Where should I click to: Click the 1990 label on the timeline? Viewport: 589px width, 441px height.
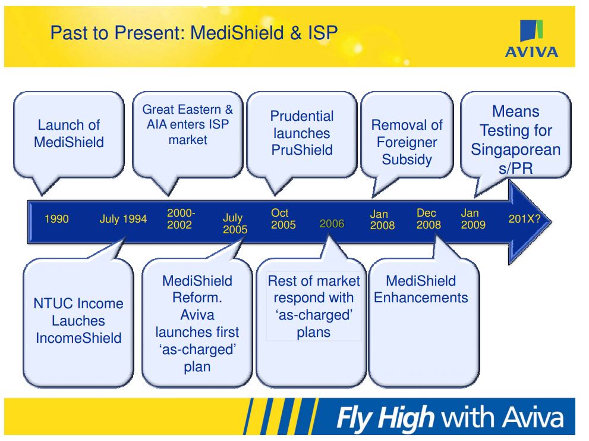click(57, 219)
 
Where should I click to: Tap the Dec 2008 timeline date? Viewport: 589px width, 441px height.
click(429, 218)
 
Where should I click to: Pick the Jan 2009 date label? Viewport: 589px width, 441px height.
click(473, 218)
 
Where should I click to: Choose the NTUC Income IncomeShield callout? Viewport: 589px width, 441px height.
click(78, 321)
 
